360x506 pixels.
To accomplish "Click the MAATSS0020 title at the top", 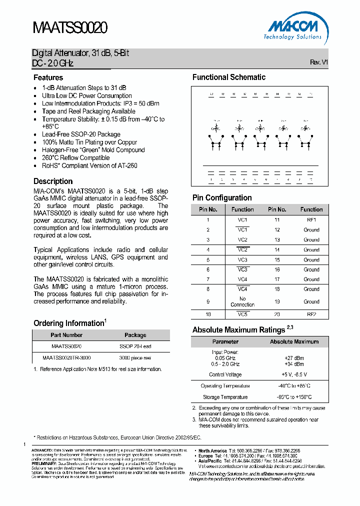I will pyautogui.click(x=70, y=28).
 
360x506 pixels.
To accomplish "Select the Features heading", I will pyautogui.click(x=48, y=77).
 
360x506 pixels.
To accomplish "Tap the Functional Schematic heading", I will pyautogui.click(x=229, y=77).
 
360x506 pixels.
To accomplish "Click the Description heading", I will pyautogui.click(x=53, y=181).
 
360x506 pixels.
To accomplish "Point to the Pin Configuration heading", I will pyautogui.click(x=222, y=197).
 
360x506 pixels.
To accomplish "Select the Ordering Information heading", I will pyautogui.click(x=69, y=323).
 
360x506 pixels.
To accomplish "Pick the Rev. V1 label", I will pyautogui.click(x=319, y=62).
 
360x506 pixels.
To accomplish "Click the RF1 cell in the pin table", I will pyautogui.click(x=311, y=219).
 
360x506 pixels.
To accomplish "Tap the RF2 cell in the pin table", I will pyautogui.click(x=311, y=314).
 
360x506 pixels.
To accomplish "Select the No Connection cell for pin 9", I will pyautogui.click(x=242, y=301).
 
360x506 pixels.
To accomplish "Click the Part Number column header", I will pyautogui.click(x=66, y=335).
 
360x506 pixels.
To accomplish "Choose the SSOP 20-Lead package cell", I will pyautogui.click(x=135, y=346).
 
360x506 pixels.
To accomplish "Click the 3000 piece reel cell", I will pyautogui.click(x=135, y=358).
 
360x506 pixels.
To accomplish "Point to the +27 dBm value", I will pyautogui.click(x=294, y=358).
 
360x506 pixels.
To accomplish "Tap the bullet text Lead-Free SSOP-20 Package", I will pyautogui.click(x=81, y=134).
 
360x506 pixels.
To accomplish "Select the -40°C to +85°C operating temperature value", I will pyautogui.click(x=294, y=386).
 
